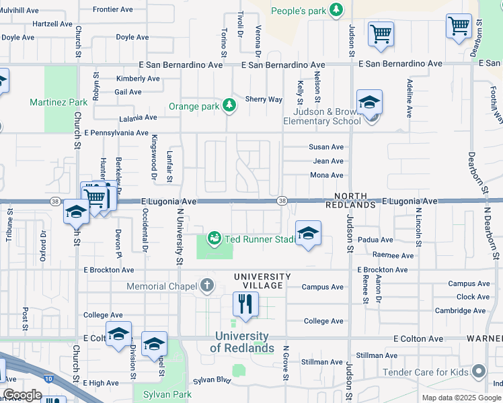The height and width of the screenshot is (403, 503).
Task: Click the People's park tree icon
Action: [337, 11]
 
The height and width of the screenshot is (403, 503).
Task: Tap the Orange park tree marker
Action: [230, 105]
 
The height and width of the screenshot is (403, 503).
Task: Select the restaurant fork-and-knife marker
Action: [243, 304]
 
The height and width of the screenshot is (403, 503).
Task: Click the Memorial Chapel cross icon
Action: [206, 287]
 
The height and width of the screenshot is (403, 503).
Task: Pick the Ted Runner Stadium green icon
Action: [215, 238]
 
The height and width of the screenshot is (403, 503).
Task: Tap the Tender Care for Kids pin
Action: [479, 371]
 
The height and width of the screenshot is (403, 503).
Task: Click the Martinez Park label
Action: [59, 102]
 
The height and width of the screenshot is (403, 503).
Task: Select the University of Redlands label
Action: [242, 342]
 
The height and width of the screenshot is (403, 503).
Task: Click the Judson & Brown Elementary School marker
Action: [369, 104]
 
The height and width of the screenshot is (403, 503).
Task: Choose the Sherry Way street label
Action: [264, 99]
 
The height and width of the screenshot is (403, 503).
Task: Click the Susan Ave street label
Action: [326, 147]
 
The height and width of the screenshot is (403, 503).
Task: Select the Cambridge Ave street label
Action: [461, 310]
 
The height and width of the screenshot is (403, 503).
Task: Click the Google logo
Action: [22, 395]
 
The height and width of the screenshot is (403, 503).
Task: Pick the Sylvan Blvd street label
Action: [212, 380]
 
